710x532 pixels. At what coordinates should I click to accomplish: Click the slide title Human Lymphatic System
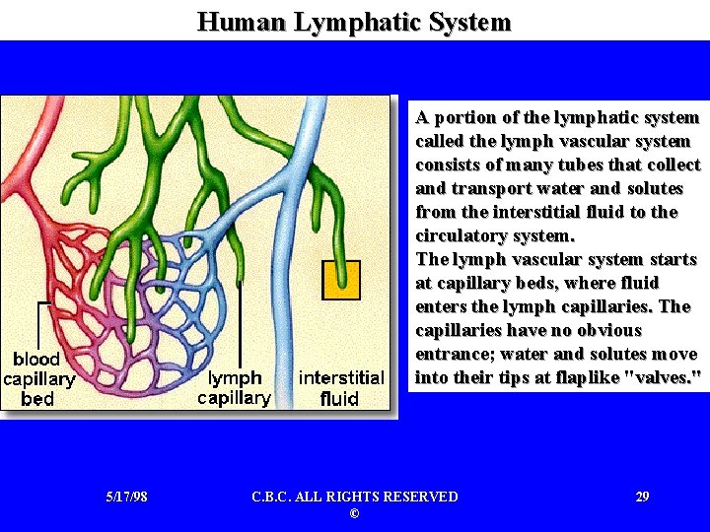[354, 22]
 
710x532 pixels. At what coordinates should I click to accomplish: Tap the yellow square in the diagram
[341, 280]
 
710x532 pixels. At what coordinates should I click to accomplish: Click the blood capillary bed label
[38, 379]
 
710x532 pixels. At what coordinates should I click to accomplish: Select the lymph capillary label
[235, 388]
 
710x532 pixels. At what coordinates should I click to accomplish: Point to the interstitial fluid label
[341, 388]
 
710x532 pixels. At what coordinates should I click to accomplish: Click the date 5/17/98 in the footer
[126, 497]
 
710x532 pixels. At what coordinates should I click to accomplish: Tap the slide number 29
[642, 497]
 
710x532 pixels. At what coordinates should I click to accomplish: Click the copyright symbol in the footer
[354, 514]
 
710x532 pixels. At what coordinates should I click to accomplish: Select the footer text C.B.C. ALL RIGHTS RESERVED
[354, 497]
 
